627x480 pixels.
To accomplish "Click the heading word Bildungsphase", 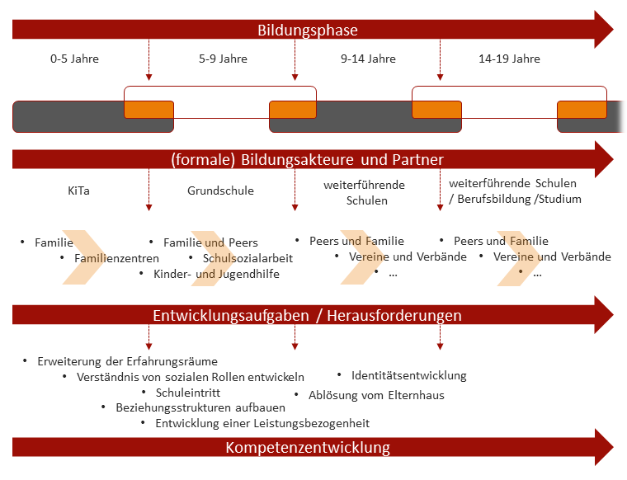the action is (x=308, y=31).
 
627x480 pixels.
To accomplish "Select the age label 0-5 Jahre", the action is (x=74, y=59).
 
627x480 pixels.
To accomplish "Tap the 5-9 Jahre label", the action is (x=223, y=59).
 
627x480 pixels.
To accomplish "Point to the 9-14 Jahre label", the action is (x=368, y=59).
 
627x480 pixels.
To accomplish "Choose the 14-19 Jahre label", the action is (x=510, y=59).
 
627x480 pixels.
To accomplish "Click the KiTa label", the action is (x=78, y=191).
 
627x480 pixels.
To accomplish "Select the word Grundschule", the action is (x=221, y=191).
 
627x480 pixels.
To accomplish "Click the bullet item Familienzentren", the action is (x=117, y=258).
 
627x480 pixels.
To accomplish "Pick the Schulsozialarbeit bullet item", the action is (x=248, y=258).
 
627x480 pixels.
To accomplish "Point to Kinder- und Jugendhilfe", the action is (x=217, y=274).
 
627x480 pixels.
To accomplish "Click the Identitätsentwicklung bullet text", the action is (x=409, y=376).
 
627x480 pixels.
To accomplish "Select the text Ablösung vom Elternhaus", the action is (x=376, y=395).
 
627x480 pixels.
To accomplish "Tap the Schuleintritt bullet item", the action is (x=188, y=393).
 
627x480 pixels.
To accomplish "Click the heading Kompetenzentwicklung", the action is (x=308, y=447).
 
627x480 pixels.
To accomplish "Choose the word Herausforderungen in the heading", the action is (x=394, y=315).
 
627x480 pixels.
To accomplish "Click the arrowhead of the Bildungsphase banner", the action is (x=604, y=30).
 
